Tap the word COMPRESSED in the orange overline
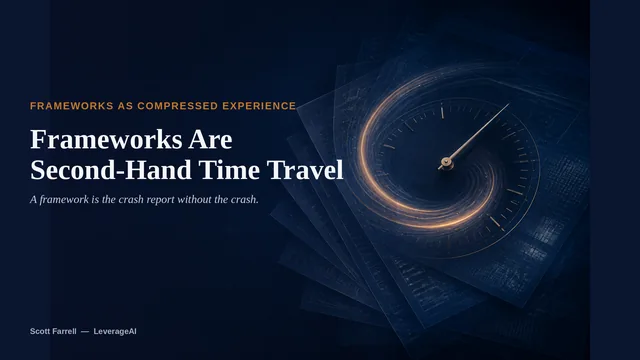tap(178, 106)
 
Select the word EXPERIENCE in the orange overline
tap(259, 106)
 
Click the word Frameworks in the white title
tap(106, 139)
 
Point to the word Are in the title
tap(210, 139)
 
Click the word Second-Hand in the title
tap(111, 170)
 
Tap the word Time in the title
tap(229, 170)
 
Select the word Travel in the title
tap(305, 170)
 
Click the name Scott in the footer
tap(40, 331)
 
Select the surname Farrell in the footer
tap(64, 331)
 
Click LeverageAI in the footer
tap(115, 331)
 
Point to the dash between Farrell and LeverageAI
tap(85, 331)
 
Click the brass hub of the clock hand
tap(445, 162)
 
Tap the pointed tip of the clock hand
tap(509, 104)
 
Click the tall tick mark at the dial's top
tap(442, 111)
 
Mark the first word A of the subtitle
tap(33, 199)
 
